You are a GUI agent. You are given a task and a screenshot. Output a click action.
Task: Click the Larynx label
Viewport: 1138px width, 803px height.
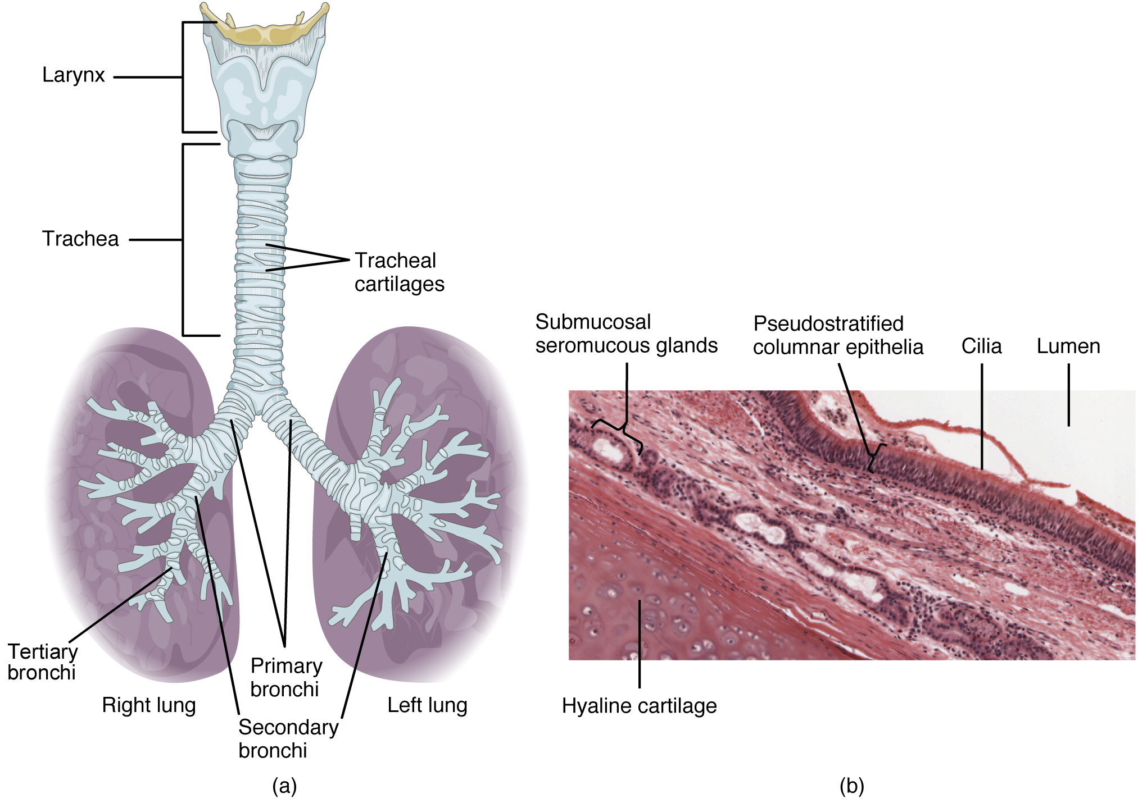click(x=74, y=75)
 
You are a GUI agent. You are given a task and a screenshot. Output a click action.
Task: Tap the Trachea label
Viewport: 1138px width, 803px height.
click(x=80, y=239)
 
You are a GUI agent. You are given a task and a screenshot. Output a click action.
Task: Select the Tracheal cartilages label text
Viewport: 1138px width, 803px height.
click(x=399, y=272)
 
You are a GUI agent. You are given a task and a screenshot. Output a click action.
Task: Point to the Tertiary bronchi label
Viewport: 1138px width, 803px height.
click(x=42, y=662)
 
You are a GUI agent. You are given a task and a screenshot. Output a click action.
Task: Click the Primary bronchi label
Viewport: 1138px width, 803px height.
click(x=286, y=677)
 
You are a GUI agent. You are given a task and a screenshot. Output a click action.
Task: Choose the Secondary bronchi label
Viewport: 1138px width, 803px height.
click(x=288, y=738)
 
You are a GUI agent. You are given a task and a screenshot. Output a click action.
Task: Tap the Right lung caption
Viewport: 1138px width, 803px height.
click(x=149, y=705)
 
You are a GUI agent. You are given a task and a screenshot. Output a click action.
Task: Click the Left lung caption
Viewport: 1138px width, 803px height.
click(x=427, y=705)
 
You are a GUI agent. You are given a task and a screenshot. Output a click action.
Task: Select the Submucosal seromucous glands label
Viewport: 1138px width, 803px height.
click(x=626, y=334)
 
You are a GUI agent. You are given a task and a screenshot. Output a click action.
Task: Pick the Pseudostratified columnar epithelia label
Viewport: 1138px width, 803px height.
click(x=838, y=335)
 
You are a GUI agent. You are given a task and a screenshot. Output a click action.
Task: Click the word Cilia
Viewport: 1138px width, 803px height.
click(x=981, y=346)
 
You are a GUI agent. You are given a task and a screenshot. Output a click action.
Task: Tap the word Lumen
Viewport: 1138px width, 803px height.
click(x=1068, y=346)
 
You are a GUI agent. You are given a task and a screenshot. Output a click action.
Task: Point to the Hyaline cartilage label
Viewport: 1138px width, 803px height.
click(x=639, y=706)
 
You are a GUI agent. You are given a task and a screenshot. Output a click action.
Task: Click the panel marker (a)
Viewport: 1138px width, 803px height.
click(x=284, y=786)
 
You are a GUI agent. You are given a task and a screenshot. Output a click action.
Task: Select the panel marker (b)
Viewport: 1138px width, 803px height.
click(x=851, y=786)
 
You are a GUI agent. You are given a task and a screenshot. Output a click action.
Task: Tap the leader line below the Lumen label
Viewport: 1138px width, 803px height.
click(x=1068, y=395)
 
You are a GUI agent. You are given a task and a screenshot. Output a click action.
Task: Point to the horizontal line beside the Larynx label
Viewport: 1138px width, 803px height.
click(x=147, y=77)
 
